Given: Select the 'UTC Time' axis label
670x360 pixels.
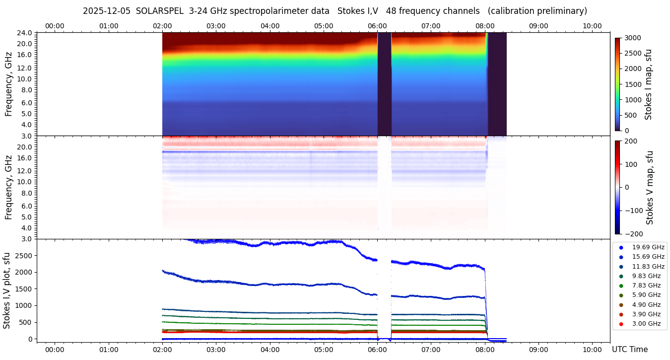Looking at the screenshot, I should click(x=629, y=350).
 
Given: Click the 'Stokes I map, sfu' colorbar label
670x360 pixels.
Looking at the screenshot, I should click(x=648, y=84).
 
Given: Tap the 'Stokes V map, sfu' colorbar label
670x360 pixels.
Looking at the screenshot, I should click(x=650, y=188).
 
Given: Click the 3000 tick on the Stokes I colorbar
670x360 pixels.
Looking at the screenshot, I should click(x=633, y=38).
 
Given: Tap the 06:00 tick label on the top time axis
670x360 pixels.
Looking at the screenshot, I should click(x=377, y=26).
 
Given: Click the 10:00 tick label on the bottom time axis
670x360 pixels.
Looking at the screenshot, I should click(x=592, y=350).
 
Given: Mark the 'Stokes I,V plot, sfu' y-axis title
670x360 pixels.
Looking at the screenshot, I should click(x=7, y=290).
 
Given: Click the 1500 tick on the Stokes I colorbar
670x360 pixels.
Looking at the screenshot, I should click(x=633, y=84).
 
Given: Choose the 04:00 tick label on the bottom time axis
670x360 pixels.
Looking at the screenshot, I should click(x=269, y=350).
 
